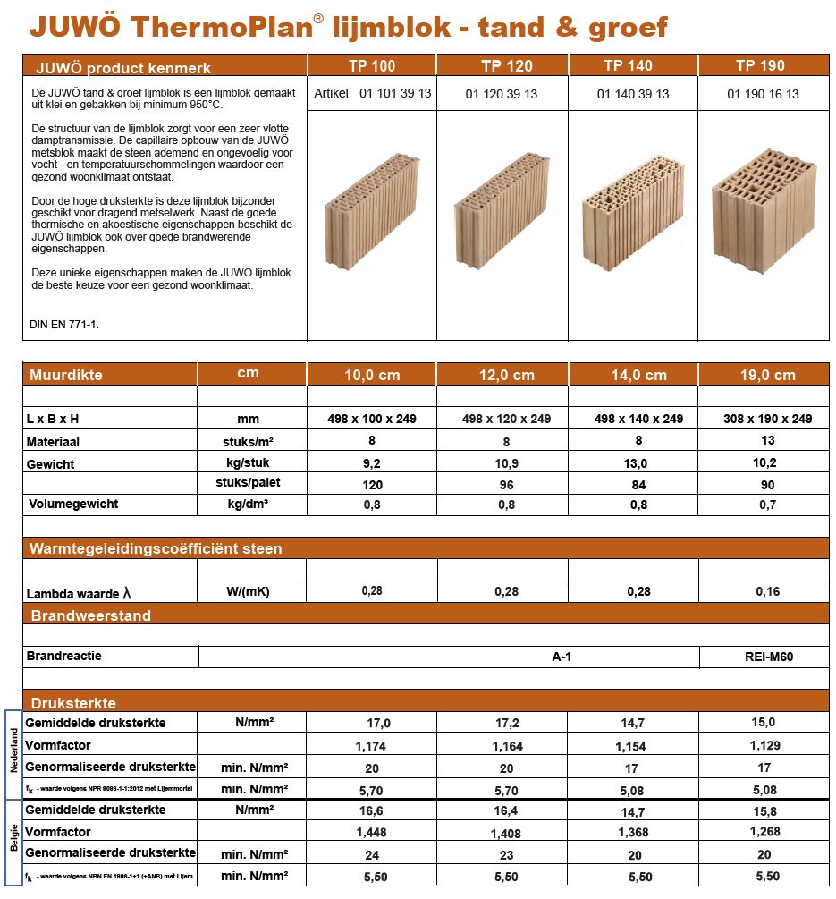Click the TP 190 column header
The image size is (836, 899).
[x=760, y=65]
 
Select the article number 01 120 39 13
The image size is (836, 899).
[x=502, y=94]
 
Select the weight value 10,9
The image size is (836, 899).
[x=506, y=463]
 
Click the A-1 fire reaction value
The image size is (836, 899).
[x=562, y=657]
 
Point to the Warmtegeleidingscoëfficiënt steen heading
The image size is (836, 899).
[x=156, y=548]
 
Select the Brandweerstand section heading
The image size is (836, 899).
[x=91, y=615]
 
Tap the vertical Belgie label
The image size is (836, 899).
[x=13, y=842]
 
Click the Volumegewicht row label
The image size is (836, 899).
[x=72, y=504]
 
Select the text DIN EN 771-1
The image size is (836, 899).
[x=65, y=325]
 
